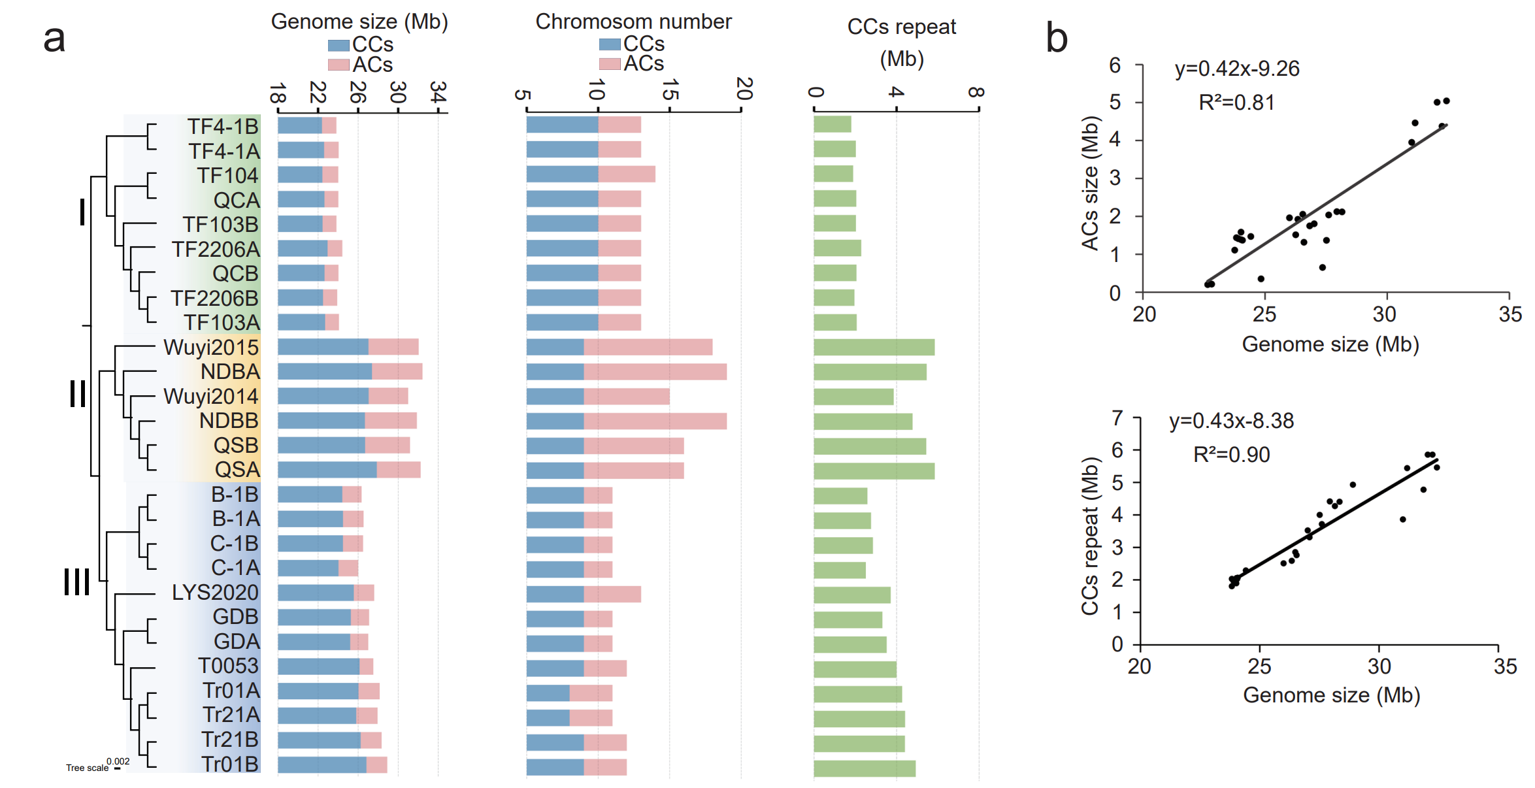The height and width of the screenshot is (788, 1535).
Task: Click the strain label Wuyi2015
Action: [x=211, y=347]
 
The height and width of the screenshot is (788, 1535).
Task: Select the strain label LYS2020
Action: [x=215, y=592]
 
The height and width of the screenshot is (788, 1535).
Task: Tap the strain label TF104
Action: [x=227, y=175]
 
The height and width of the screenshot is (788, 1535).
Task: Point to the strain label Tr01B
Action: [x=230, y=764]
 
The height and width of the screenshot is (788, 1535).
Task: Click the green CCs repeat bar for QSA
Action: [x=874, y=470]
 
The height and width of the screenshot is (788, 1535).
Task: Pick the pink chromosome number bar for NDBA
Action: [x=655, y=372]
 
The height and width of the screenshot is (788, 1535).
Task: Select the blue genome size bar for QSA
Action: [x=327, y=469]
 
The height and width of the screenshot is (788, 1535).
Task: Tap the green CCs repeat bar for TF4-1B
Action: [x=832, y=124]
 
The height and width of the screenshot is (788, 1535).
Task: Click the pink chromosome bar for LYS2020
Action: [x=612, y=594]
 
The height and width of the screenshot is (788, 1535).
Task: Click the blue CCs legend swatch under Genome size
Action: [x=338, y=45]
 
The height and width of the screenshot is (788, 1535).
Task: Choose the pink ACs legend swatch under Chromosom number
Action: [x=609, y=64]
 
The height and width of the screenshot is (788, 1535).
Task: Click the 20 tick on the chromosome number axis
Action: [x=742, y=89]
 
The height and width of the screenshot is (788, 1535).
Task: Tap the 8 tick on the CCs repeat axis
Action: [x=976, y=92]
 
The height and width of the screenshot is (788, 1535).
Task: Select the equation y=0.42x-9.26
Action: [x=1236, y=69]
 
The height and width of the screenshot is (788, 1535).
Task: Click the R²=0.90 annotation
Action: [x=1231, y=454]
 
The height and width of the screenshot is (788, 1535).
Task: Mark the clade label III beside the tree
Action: [x=76, y=582]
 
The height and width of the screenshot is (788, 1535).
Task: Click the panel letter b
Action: [x=1056, y=37]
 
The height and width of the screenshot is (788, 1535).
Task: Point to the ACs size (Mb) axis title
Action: [x=1090, y=183]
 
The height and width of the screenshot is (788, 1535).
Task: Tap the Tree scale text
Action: [x=87, y=768]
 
